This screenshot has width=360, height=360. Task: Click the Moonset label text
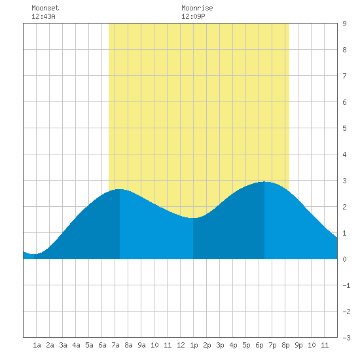pos(45,8)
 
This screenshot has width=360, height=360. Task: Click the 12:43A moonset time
pos(43,16)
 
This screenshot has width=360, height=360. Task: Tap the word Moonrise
pos(197,8)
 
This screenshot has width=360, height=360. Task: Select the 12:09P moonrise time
pos(193,16)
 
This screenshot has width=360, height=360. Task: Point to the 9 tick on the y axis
pos(344,24)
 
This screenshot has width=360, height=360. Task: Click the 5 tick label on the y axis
pos(344,128)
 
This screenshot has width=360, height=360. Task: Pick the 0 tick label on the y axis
pos(344,259)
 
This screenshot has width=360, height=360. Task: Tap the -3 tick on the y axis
pos(346,338)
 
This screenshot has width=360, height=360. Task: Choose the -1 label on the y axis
pos(346,285)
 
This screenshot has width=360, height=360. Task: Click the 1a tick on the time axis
pos(37,345)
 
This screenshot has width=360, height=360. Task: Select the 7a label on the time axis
pos(115,345)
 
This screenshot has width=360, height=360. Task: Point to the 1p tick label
pos(194,345)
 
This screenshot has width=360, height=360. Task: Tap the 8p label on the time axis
pos(285,345)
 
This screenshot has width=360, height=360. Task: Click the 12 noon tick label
pos(181,345)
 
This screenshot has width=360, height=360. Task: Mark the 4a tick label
pos(76,345)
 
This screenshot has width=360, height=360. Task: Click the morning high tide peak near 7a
pos(119,189)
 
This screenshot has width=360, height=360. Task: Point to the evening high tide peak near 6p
pos(264,182)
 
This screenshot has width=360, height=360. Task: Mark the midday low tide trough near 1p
pos(193,218)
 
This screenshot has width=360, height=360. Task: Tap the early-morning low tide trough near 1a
pos(34,254)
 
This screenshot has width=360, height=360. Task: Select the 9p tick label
pos(298,345)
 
